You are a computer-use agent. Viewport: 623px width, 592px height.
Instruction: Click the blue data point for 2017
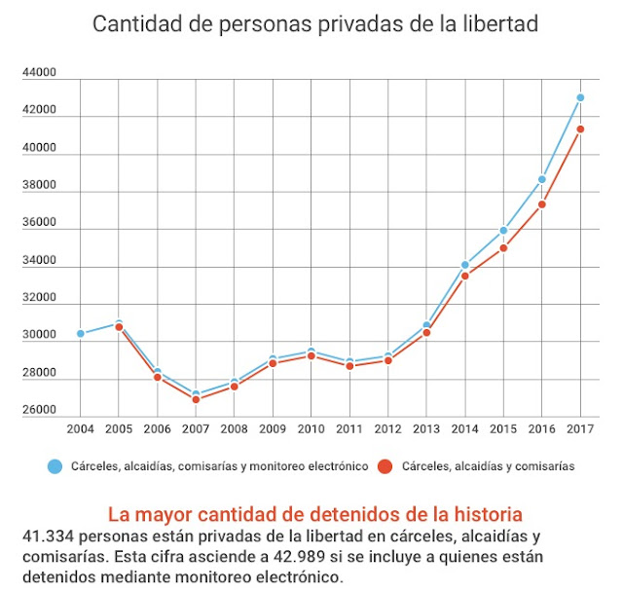[580, 97]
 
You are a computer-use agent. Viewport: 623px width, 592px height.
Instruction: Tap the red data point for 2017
[580, 129]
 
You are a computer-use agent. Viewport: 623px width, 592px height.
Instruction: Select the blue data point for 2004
[81, 334]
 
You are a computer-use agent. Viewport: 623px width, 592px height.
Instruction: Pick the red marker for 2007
[196, 399]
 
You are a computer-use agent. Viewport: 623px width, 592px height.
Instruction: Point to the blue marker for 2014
[465, 265]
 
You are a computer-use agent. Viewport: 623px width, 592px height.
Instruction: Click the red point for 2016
[542, 204]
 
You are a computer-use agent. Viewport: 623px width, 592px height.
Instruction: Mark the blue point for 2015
[503, 231]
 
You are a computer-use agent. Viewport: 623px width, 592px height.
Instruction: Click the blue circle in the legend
[55, 466]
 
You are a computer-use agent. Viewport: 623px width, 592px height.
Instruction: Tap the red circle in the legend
[385, 466]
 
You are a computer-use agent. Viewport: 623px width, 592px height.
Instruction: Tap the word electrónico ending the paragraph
[298, 576]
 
